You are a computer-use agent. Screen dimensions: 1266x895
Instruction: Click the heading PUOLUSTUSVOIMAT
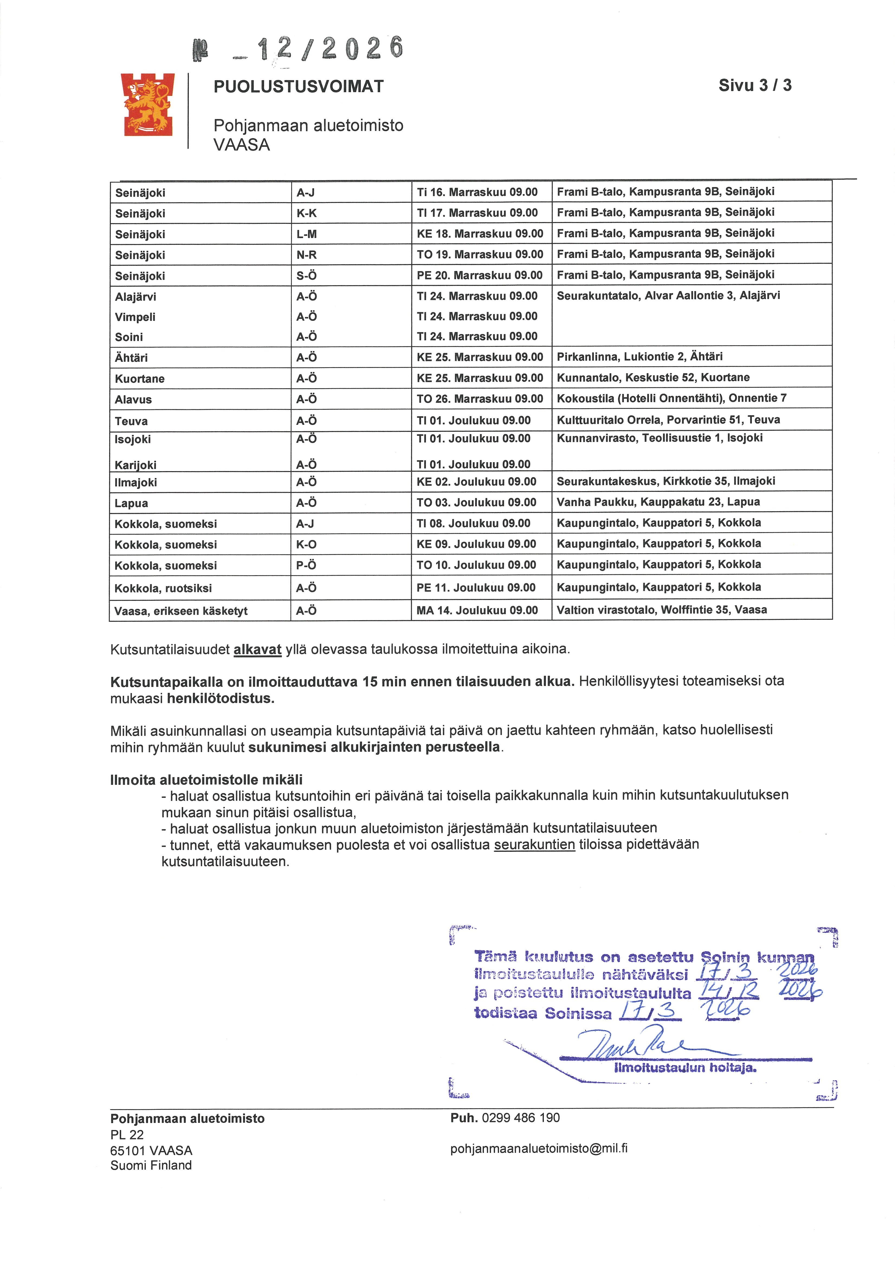(x=298, y=86)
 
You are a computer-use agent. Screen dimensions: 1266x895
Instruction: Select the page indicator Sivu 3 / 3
(x=754, y=85)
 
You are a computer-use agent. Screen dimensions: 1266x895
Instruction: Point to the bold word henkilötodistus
(x=221, y=699)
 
